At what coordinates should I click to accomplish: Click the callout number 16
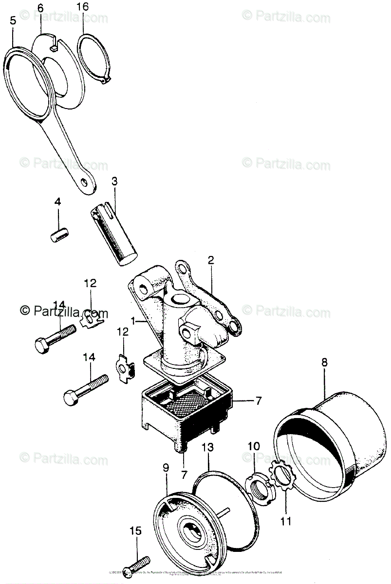click(83, 7)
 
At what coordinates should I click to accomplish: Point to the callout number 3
click(114, 182)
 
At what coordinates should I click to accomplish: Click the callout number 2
click(210, 260)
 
